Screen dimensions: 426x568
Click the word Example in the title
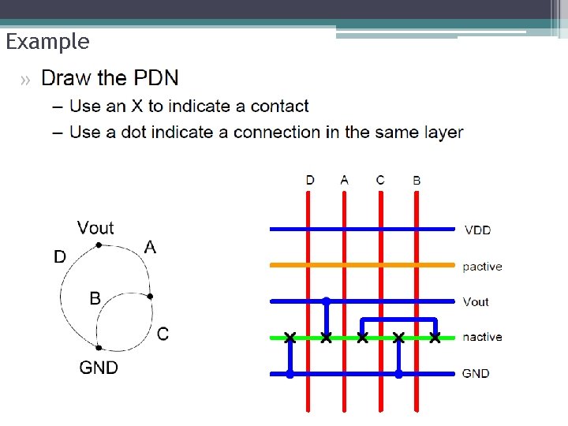click(x=47, y=42)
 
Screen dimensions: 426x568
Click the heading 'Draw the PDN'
click(x=110, y=78)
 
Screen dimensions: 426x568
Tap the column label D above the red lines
click(x=310, y=180)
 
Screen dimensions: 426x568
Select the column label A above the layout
click(x=344, y=180)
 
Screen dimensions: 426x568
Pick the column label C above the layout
click(x=380, y=180)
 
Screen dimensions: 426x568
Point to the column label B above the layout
click(x=417, y=181)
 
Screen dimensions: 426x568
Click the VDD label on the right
click(x=477, y=230)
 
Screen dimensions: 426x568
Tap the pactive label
click(x=482, y=267)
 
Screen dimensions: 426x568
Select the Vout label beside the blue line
click(x=476, y=301)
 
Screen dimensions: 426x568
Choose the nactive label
click(x=482, y=337)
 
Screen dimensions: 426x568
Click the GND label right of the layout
click(x=476, y=373)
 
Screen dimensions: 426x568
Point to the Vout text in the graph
click(x=95, y=228)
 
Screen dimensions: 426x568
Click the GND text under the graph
click(x=99, y=368)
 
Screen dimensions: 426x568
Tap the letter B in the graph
click(x=95, y=298)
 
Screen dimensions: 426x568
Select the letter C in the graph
click(x=163, y=334)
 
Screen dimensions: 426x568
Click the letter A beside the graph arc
click(x=151, y=248)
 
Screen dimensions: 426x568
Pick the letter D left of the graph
click(x=60, y=257)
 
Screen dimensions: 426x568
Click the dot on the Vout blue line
click(x=326, y=301)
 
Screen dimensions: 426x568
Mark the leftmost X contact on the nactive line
click(x=290, y=338)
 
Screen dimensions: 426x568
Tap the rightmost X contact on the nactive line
click(x=435, y=338)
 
